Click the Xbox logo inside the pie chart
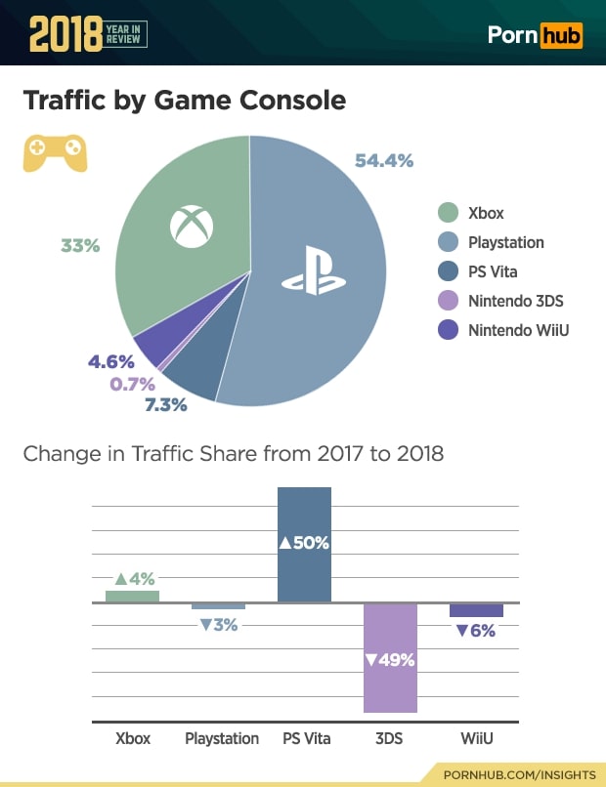(x=191, y=226)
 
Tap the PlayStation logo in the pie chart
(x=314, y=274)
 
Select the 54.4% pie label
(x=383, y=160)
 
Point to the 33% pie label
(x=80, y=246)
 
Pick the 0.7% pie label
(x=132, y=384)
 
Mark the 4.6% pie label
(x=111, y=361)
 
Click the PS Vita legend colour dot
(x=449, y=271)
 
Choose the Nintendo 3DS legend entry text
(x=515, y=301)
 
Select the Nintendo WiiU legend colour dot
(x=449, y=330)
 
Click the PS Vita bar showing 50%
(x=304, y=544)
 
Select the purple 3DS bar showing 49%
(x=390, y=658)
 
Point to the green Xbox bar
(x=132, y=596)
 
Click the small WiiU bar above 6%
(x=476, y=610)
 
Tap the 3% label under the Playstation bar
(x=218, y=625)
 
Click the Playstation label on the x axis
(x=222, y=738)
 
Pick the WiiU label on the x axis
(x=476, y=738)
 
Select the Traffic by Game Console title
(x=184, y=101)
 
